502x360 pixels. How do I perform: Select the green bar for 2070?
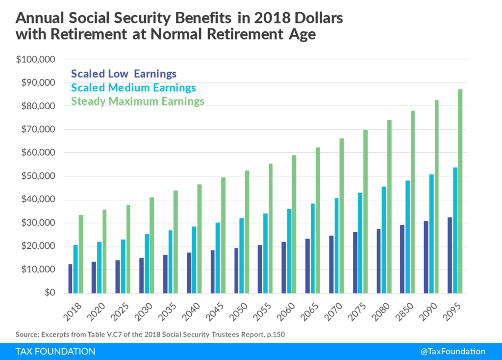pyautogui.click(x=342, y=216)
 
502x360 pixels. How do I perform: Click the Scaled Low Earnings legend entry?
pyautogui.click(x=124, y=74)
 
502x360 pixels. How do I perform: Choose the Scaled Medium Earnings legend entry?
pyautogui.click(x=133, y=88)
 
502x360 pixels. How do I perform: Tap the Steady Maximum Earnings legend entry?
pyautogui.click(x=138, y=101)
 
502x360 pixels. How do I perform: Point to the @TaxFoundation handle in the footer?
pyautogui.click(x=452, y=351)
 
